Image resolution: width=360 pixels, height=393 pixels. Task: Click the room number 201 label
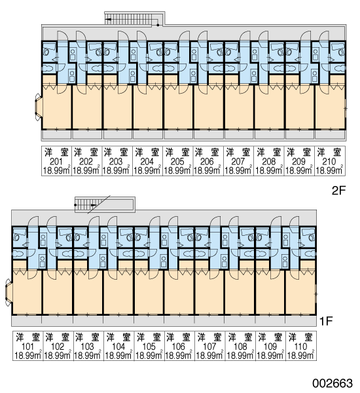pos(56,162)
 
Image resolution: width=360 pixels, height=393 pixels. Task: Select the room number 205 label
pos(177,162)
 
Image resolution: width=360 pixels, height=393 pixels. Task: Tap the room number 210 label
pos(329,162)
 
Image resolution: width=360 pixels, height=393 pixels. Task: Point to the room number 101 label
pos(27,346)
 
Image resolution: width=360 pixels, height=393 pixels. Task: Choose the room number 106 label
pos(179,346)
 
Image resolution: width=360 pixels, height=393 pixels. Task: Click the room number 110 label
pos(300,346)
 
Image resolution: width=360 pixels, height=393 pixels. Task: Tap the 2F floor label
pos(338,191)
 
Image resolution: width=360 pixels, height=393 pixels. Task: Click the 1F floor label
pos(326,321)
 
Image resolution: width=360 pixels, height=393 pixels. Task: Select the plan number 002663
pos(333,383)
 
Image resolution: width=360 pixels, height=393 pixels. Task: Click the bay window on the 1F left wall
pos(9,293)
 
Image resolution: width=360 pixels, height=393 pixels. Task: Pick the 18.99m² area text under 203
pos(116,171)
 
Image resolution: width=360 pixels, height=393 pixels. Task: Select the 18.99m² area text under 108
pos(240,356)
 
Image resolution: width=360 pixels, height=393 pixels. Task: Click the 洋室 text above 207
pos(238,153)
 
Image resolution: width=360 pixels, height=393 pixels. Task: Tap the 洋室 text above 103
pos(88,337)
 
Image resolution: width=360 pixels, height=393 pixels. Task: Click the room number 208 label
pos(268,162)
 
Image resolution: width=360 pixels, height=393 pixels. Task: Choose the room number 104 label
pos(118,346)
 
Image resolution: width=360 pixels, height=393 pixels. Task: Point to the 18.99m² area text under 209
pos(299,171)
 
